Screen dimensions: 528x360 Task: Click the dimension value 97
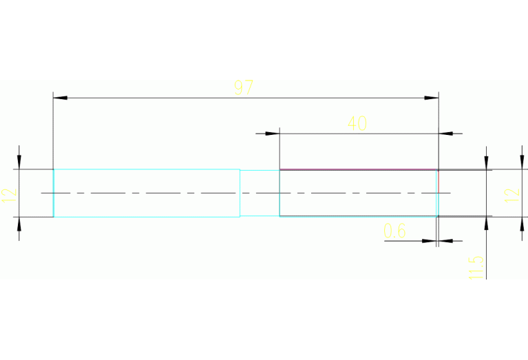pos(244,88)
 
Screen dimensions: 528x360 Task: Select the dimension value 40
pos(357,123)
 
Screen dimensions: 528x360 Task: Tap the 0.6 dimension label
pos(394,231)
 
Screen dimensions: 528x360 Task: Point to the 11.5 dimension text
pos(475,267)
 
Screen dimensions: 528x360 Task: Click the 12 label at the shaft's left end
pos(9,193)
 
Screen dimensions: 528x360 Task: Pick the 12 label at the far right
pos(511,193)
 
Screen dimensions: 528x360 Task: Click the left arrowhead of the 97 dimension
pos(61,98)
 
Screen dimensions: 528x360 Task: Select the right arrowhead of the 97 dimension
pos(432,98)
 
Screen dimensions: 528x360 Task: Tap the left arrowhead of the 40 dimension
pos(273,133)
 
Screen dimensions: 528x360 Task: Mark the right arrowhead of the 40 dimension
pos(445,133)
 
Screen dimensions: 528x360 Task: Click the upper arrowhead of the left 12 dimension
pos(19,162)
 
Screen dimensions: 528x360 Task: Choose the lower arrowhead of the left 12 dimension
pos(19,224)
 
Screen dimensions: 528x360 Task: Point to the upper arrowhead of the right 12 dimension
pos(486,162)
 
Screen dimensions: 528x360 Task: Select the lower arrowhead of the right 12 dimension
pos(486,224)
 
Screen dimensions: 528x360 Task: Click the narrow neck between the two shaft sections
pos(260,204)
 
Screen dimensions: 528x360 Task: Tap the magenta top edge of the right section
pos(358,169)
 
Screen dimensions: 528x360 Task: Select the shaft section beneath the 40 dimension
pos(358,205)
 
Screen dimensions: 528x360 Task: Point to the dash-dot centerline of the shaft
pos(207,193)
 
